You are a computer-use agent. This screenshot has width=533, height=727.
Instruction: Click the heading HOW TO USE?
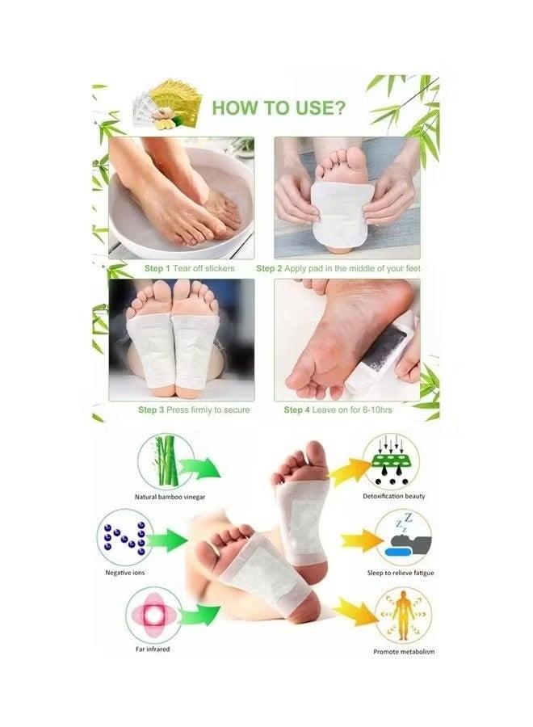(x=274, y=107)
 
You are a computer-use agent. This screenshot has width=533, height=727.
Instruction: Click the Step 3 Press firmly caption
(x=194, y=410)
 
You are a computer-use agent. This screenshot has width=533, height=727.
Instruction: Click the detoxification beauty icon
(x=391, y=460)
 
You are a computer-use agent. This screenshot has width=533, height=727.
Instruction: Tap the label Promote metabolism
(x=404, y=651)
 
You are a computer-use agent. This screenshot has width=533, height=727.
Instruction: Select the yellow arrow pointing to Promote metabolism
(x=355, y=611)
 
